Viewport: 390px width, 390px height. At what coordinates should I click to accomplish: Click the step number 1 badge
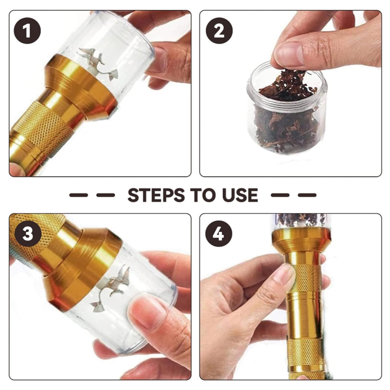click(x=27, y=31)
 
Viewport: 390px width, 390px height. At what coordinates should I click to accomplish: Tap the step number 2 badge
click(x=219, y=31)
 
